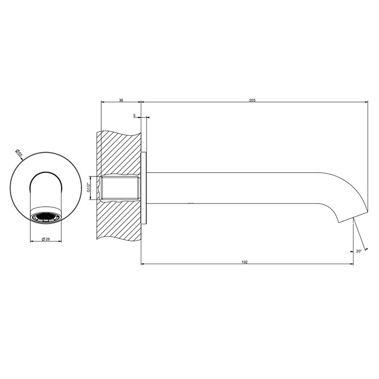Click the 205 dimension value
tap(252, 100)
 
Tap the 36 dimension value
tap(121, 100)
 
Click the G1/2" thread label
tap(89, 188)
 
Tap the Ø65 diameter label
tap(19, 153)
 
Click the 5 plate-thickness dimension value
tap(134, 115)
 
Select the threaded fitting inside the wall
tap(121, 188)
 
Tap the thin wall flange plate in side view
tap(144, 188)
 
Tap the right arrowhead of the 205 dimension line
tap(366, 102)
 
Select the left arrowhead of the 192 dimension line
tap(143, 264)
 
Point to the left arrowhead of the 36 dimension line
tap(103, 102)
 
